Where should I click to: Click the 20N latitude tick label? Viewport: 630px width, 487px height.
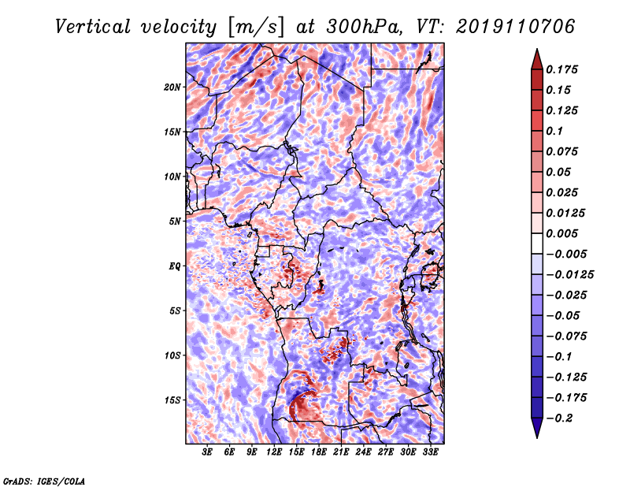172,87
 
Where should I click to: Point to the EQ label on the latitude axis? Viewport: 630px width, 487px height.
175,266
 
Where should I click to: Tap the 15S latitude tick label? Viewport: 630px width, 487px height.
172,400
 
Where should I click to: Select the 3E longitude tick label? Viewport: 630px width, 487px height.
207,452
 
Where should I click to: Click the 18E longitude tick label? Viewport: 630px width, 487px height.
319,452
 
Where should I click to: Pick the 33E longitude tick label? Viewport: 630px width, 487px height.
430,452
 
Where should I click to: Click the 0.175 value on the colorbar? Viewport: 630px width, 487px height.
561,69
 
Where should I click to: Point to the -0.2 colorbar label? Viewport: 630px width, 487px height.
559,418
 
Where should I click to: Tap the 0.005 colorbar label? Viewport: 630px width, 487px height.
561,233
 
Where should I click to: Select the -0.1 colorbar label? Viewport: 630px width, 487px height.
558,357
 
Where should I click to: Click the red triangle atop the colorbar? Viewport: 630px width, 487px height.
537,60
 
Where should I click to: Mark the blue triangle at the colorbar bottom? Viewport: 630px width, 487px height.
537,428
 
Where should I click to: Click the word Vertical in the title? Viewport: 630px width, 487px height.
93,27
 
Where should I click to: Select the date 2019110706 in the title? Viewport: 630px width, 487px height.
516,27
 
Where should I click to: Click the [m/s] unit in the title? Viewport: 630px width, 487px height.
256,28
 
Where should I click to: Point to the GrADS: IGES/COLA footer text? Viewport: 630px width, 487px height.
44,481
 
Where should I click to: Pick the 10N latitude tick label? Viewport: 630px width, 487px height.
172,177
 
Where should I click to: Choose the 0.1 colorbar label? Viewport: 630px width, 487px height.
554,131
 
